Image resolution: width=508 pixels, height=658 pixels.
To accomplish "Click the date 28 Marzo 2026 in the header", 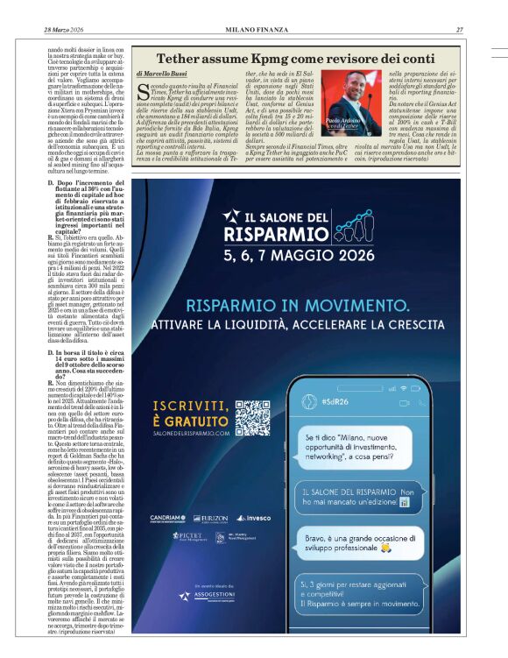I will click(x=63, y=30).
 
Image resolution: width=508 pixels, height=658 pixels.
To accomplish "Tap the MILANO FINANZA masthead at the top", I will click(x=254, y=30).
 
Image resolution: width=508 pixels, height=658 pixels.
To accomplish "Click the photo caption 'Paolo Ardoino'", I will click(x=358, y=121).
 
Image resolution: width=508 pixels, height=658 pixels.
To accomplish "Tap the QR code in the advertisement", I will click(x=253, y=418).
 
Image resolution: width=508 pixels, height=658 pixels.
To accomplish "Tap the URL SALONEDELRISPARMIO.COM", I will click(x=190, y=433).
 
